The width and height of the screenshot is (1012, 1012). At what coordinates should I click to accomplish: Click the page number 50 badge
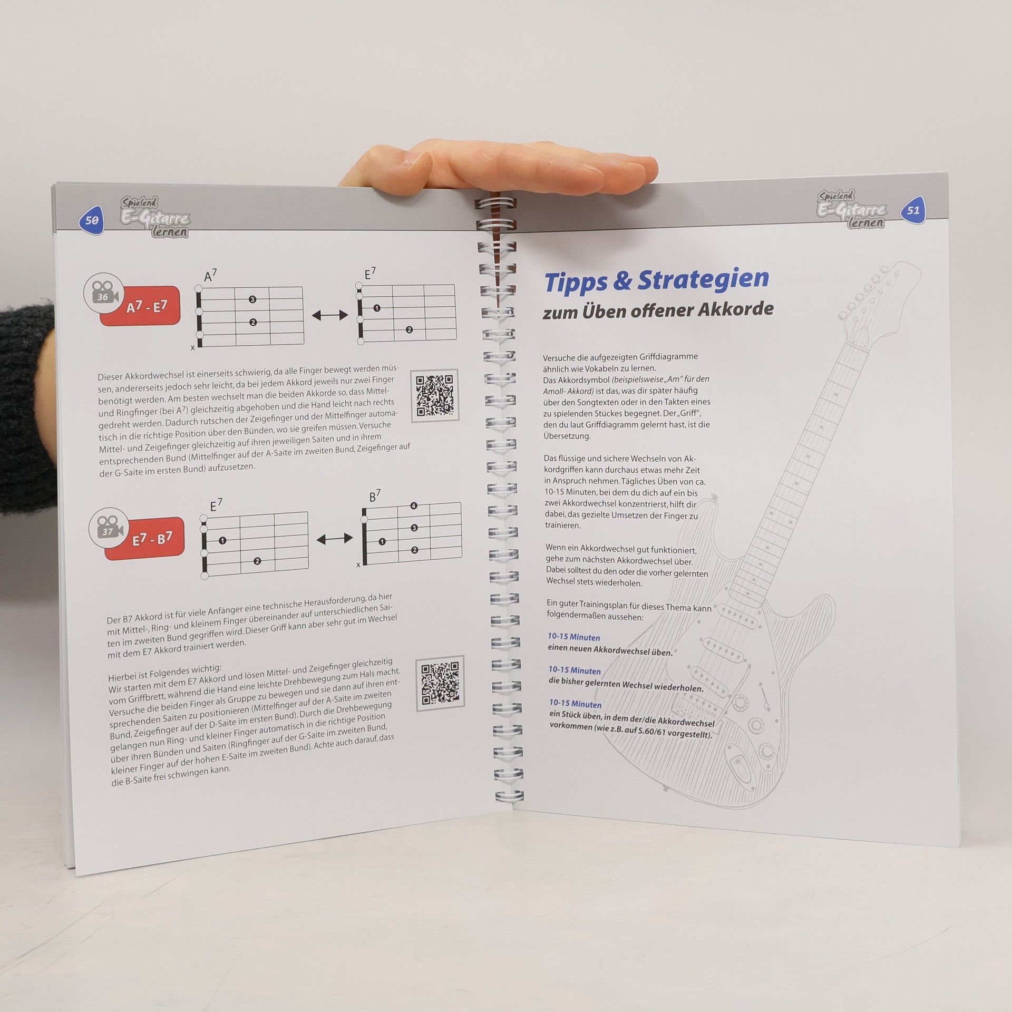coord(91,219)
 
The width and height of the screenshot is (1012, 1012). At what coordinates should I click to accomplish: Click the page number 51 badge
coord(913,210)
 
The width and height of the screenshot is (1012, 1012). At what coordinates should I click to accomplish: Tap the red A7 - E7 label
coord(140,306)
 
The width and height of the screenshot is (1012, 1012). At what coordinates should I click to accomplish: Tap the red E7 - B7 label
coord(145,539)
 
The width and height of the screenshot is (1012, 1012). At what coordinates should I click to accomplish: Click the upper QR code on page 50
coord(435,395)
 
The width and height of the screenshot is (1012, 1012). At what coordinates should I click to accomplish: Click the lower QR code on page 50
coord(440,683)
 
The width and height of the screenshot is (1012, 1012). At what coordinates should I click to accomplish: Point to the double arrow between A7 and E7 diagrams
coord(330,315)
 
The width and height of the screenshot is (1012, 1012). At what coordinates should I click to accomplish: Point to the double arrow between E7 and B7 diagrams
coord(335,539)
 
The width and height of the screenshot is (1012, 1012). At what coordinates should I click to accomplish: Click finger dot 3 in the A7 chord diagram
coord(252,299)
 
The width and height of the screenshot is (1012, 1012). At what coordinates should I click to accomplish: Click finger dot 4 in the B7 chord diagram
coord(414,506)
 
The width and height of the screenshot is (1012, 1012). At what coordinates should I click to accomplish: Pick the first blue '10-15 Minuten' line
coord(574,637)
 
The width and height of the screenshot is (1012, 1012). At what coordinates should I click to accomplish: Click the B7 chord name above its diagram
coord(375,495)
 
